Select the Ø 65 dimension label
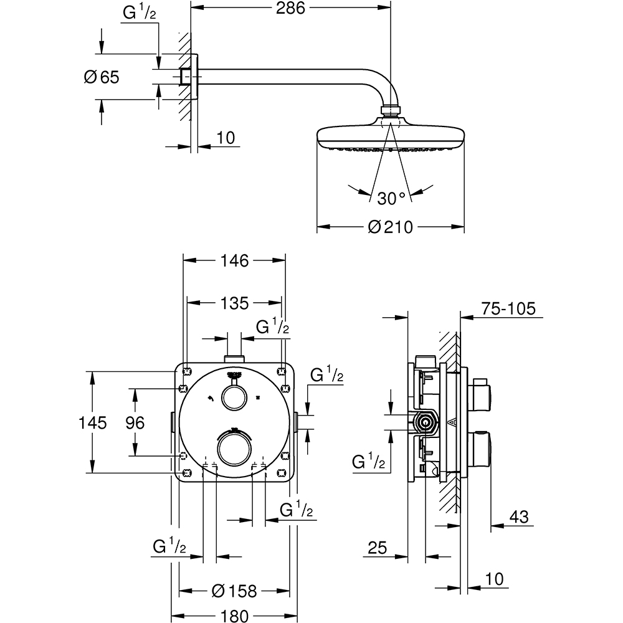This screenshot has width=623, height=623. pos(101,77)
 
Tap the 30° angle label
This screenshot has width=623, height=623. pos(391,198)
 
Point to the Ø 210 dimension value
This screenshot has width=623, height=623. pos(391,227)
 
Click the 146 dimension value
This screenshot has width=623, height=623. pos(234,261)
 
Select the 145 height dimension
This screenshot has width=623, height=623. pos(93,422)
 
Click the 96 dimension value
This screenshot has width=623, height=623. pos(135,422)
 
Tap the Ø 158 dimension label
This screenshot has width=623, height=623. pos(234,590)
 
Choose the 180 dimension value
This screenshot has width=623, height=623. pos(234,615)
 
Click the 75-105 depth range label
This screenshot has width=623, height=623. pos(508,309)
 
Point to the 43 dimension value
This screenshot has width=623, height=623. pos(518,516)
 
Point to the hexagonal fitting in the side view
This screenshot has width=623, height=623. pos(426,422)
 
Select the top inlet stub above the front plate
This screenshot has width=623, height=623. pos(234,358)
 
